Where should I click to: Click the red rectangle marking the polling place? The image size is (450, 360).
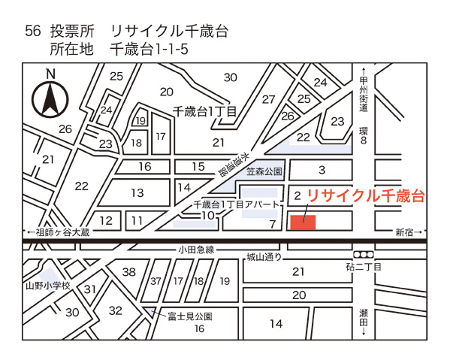303,219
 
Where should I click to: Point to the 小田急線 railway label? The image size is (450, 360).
196,250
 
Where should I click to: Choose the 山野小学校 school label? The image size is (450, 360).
47,286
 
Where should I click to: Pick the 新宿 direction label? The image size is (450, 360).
408,233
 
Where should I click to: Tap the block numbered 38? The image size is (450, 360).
129,272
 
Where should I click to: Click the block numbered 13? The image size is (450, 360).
137,193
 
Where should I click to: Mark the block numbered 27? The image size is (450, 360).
268,99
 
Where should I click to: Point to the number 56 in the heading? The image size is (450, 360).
32,31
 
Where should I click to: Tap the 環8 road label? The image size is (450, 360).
363,135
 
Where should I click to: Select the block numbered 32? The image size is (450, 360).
115,310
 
